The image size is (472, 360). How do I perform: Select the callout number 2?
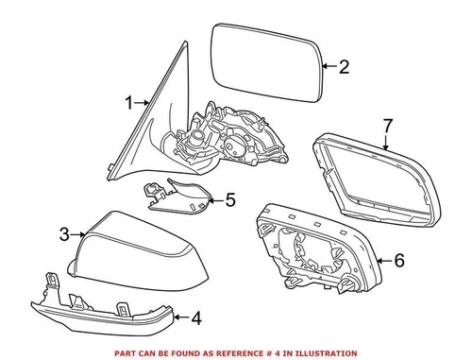(x=343, y=66)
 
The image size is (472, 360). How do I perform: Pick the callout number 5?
(x=229, y=199)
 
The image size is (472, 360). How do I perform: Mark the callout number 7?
(x=386, y=124)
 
